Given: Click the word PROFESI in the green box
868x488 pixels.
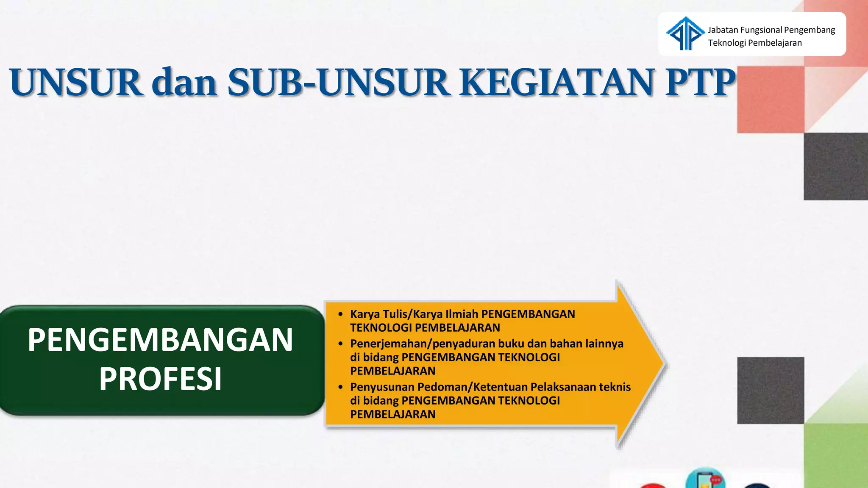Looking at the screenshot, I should (x=160, y=379).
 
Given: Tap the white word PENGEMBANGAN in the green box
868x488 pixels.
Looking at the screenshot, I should (x=160, y=340).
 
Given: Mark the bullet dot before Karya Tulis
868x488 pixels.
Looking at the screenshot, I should (x=340, y=314).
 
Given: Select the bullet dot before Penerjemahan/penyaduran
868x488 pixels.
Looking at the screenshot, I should (x=340, y=344).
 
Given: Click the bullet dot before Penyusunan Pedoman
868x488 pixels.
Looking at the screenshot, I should (x=340, y=387).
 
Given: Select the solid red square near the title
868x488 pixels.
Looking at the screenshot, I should (x=771, y=100).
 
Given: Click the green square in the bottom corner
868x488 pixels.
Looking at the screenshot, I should (x=836, y=455).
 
